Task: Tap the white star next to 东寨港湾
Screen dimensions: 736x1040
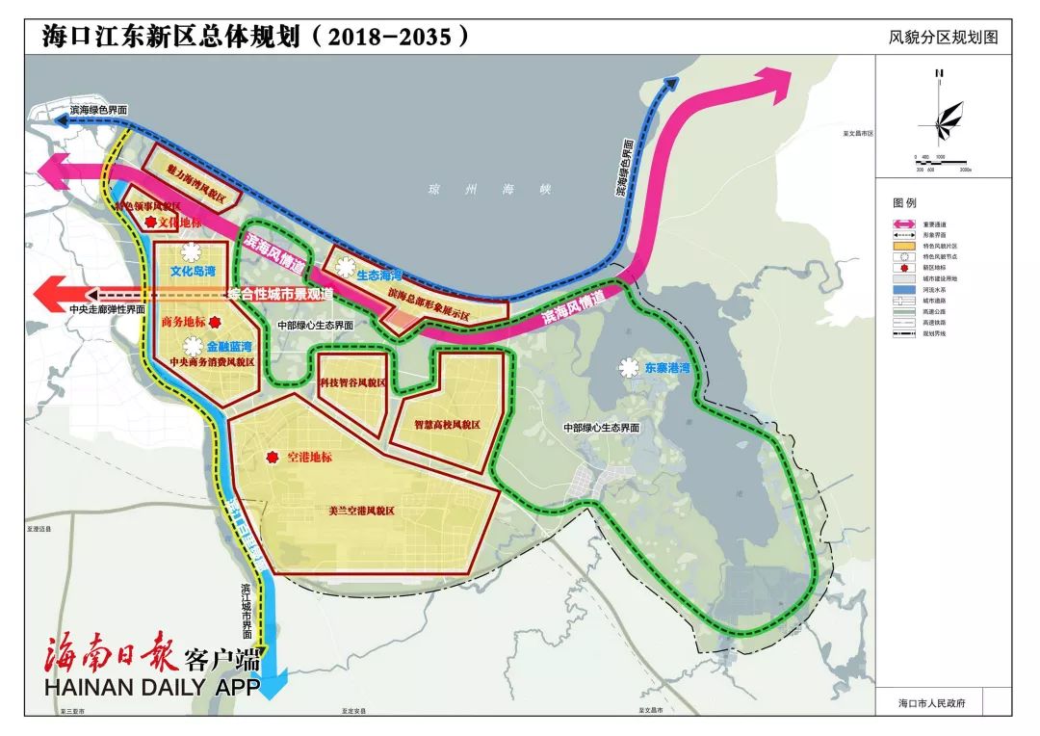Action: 629,368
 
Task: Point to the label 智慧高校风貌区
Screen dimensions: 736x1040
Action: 447,424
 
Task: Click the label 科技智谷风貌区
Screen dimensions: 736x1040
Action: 352,382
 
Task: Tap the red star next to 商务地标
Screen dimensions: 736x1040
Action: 216,325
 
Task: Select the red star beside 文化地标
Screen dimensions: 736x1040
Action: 149,223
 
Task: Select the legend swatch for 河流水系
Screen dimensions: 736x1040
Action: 909,288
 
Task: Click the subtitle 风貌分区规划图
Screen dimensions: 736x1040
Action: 944,38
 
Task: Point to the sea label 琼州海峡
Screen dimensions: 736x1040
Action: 484,191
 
